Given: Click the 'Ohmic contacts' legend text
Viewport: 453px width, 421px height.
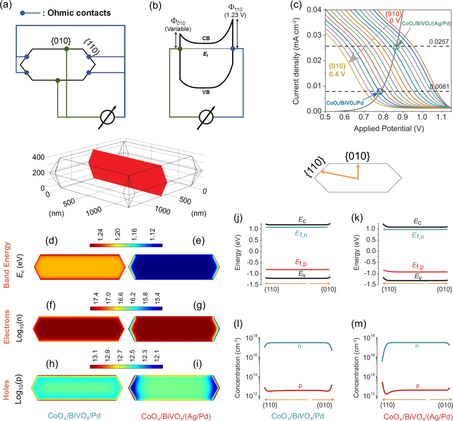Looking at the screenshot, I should point(79,13).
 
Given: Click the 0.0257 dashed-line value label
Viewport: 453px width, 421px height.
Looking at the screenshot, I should point(439,42).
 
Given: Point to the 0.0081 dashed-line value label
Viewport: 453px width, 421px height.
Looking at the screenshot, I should point(439,86).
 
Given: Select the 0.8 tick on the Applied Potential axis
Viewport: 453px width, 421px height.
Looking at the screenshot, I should point(383,117).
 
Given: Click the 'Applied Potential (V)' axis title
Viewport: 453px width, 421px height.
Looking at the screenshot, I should point(389,128).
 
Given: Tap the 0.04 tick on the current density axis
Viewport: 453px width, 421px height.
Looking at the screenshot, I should point(314,9).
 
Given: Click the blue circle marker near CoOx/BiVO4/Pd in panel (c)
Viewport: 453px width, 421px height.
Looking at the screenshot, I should point(380,91).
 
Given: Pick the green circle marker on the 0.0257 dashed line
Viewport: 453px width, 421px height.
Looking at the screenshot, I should point(396,46).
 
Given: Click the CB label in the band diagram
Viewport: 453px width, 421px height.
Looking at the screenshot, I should point(206,38).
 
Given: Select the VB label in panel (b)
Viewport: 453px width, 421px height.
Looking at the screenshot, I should point(206,92).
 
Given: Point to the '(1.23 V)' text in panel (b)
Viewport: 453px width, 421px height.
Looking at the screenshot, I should point(235,15).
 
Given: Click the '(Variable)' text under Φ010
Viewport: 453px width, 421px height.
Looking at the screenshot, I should point(178,29).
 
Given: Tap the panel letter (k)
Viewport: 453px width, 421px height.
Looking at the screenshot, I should point(357,218).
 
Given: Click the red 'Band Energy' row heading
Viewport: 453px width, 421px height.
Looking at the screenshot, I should point(6,265).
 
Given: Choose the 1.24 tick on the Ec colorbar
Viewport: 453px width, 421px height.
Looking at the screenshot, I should point(100,234).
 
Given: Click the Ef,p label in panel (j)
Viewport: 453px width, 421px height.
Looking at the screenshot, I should point(301,263).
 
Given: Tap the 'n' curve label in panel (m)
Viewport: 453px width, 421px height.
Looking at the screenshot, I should point(417,346).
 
